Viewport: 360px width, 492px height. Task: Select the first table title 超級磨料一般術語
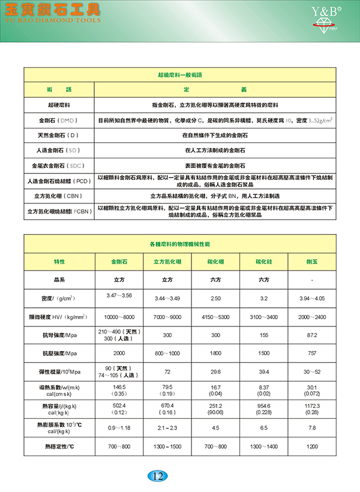tap(179, 76)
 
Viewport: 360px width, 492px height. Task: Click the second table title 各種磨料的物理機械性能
tap(179, 245)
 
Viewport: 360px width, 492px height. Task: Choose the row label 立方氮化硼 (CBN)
tap(59, 196)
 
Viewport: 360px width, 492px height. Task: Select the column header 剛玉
tap(312, 262)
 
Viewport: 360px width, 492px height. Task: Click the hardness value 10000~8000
tap(118, 316)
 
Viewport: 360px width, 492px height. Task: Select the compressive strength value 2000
tap(118, 353)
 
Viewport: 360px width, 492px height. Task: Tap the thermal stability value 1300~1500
tap(167, 447)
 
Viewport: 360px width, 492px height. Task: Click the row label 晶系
tap(59, 280)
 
